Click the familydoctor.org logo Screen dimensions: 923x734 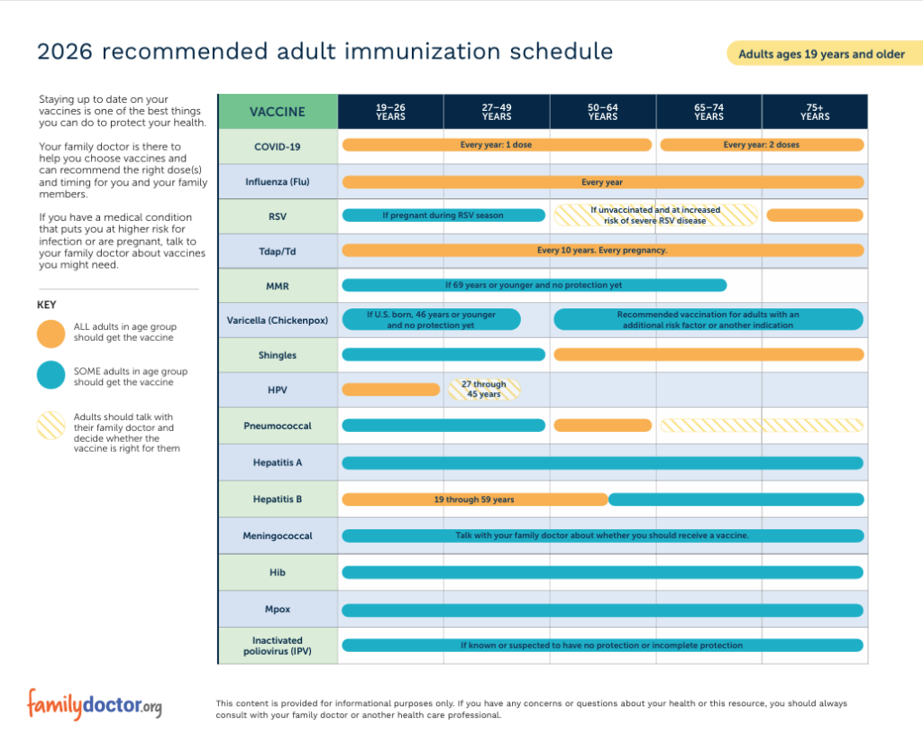94,704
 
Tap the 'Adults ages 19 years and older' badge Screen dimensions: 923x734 824,53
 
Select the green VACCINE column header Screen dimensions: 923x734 278,111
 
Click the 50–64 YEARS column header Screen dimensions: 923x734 603,111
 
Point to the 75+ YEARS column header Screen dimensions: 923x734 815,111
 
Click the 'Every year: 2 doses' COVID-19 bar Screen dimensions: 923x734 762,145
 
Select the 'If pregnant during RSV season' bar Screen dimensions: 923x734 443,216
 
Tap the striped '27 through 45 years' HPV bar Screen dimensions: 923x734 484,390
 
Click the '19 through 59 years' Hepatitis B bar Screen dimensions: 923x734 474,500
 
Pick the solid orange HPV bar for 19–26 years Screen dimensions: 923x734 391,390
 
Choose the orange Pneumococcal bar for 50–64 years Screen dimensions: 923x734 603,426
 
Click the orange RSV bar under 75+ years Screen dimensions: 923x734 815,216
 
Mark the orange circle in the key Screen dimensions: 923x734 51,334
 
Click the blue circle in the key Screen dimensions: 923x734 51,375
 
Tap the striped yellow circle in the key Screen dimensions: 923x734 51,426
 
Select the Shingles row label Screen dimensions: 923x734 278,355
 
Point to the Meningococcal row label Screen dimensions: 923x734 278,536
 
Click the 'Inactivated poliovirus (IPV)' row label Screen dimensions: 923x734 278,646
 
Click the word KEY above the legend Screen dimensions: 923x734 47,305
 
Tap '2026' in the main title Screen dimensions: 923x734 65,51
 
